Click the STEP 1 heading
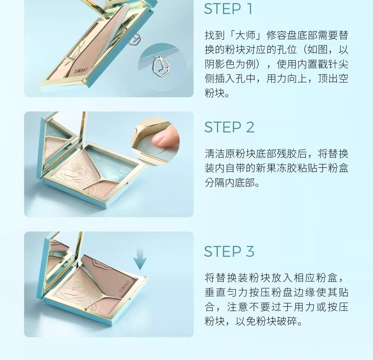tap(228, 9)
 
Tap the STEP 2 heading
tap(229, 127)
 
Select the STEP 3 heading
tap(229, 252)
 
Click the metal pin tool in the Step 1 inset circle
tap(161, 66)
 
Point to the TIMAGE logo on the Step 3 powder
tap(124, 286)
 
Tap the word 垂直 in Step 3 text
tap(215, 292)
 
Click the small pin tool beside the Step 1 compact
tap(134, 39)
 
